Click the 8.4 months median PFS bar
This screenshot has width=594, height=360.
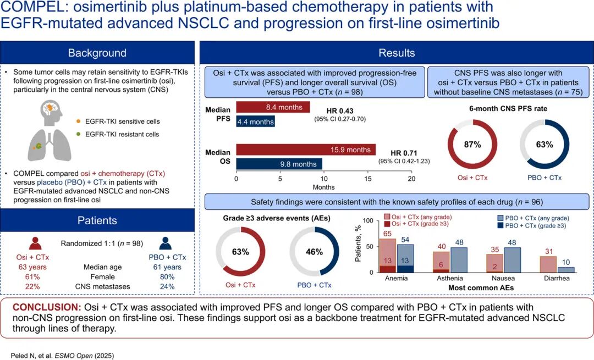coord(273,107)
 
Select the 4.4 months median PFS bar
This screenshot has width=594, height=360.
coord(255,121)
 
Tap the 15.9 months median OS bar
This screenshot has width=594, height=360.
coord(306,149)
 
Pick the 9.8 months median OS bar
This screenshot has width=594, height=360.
coord(279,164)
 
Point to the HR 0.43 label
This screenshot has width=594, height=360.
coord(340,111)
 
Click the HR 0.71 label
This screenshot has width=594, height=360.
coord(404,153)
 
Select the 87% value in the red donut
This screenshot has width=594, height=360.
coord(472,144)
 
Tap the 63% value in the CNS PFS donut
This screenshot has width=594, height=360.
coord(544,144)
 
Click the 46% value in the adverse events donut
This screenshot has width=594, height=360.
coord(314,252)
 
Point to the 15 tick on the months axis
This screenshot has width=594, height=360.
coord(367,179)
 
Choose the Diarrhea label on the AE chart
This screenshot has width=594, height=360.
coord(557,278)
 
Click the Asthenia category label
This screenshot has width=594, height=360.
coord(450,278)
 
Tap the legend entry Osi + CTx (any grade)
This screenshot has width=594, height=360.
coord(418,217)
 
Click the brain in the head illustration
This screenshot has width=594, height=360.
coord(51,108)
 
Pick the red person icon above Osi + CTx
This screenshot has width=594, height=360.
coord(35,243)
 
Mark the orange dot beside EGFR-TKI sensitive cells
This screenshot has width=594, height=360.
coord(79,121)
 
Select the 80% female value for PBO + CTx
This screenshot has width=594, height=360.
coord(167,276)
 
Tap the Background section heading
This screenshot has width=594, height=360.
coord(97,53)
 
